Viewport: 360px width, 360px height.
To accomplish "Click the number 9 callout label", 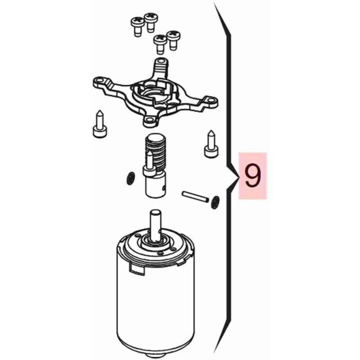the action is [252, 175].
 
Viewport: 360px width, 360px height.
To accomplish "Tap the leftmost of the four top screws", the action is [138, 27].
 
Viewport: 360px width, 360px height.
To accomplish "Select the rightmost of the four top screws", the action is [173, 40].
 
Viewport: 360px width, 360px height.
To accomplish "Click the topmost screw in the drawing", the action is [151, 22].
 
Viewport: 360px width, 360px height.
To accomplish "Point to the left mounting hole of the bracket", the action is [100, 81].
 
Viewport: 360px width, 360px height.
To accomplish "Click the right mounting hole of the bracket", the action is [210, 100].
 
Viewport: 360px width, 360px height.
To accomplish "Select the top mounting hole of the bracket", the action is [162, 61].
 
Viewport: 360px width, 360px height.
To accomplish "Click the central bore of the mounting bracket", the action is [150, 93].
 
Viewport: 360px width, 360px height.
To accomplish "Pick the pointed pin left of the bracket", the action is [100, 124].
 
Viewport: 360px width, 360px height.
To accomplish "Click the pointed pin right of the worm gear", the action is [211, 144].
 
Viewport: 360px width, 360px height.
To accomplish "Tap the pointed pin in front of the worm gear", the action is [150, 165].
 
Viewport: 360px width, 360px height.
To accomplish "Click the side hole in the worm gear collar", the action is [163, 188].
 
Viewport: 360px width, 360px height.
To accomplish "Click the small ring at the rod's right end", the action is [215, 202].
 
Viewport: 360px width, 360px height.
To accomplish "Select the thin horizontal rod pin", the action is [195, 197].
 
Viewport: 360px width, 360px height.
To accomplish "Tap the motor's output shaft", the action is [155, 225].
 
